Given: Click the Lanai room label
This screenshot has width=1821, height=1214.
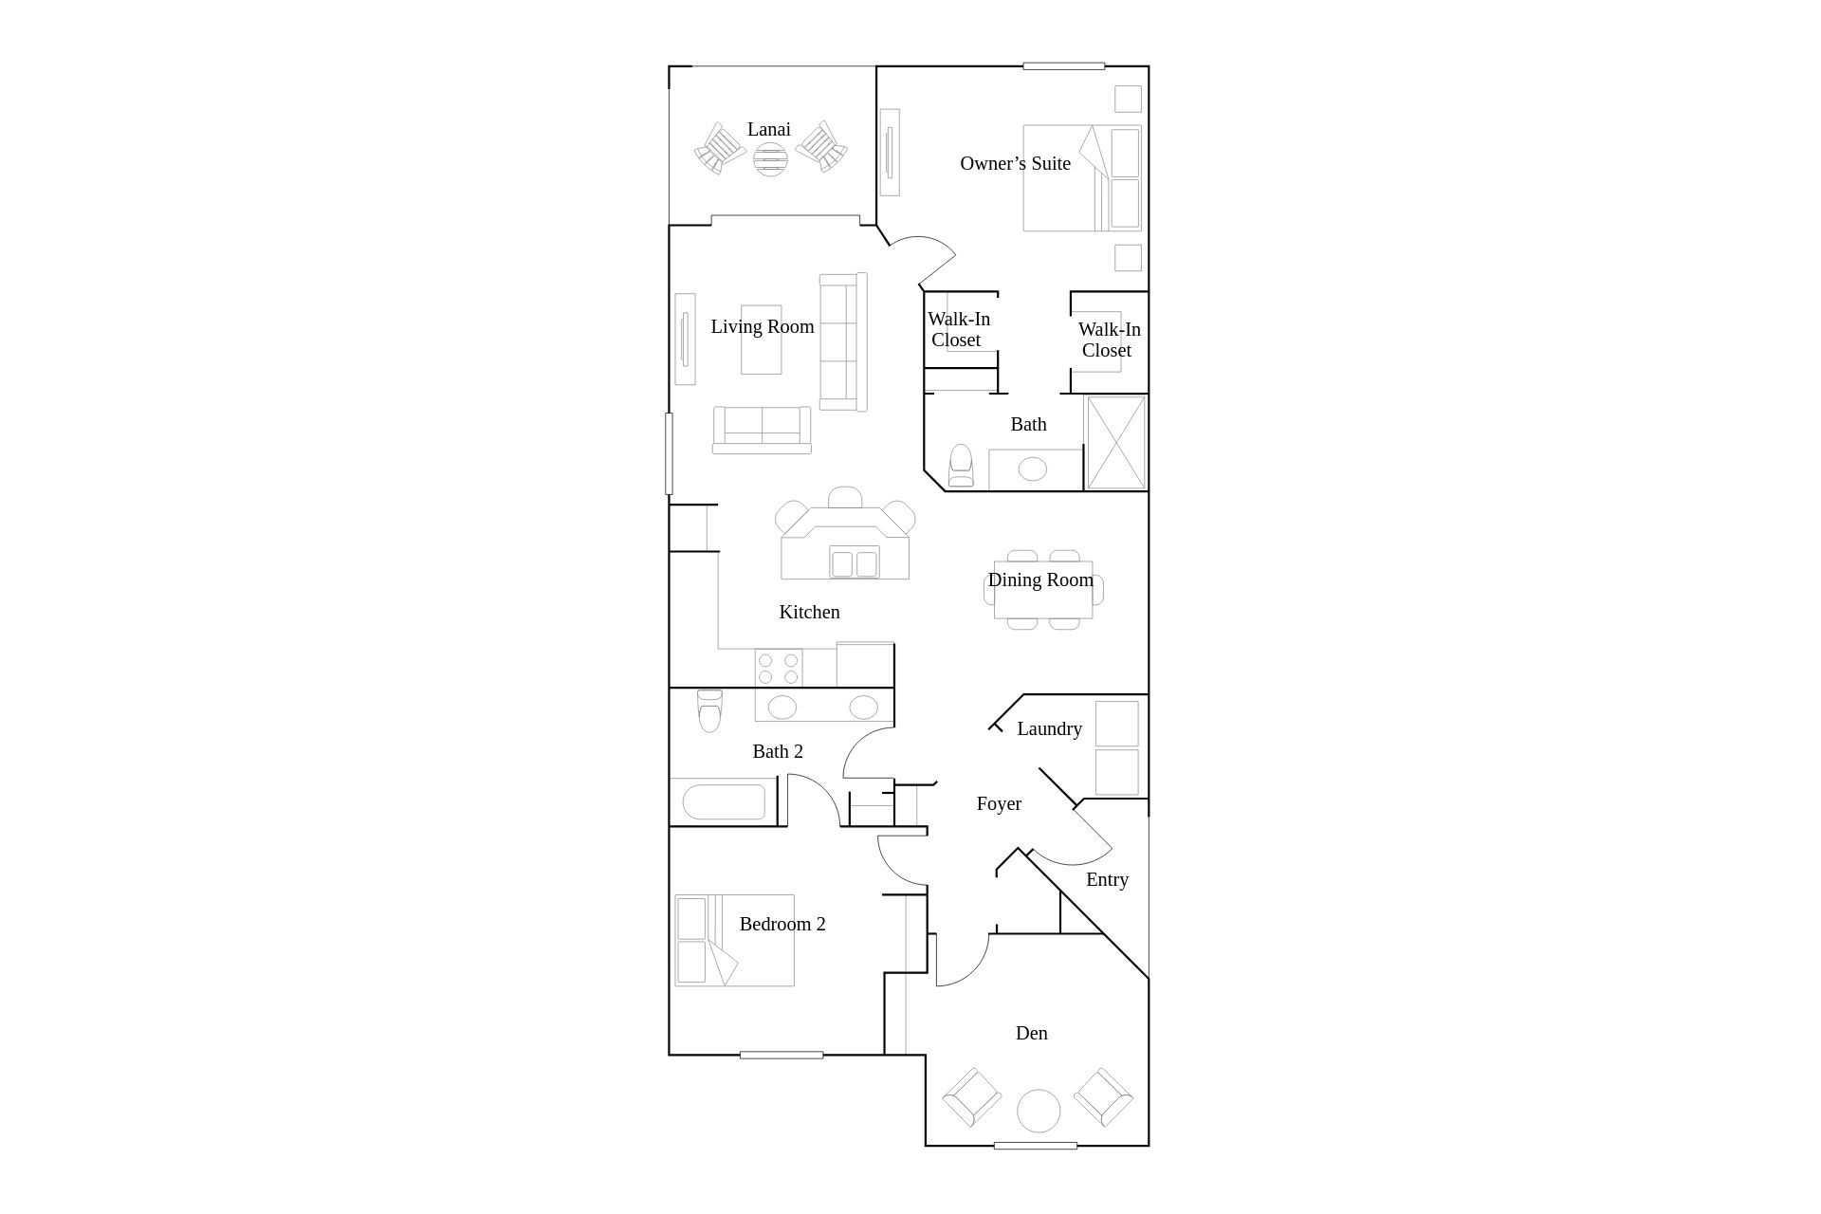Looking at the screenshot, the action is click(x=768, y=129).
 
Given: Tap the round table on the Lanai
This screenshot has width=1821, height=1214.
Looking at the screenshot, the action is click(x=770, y=158).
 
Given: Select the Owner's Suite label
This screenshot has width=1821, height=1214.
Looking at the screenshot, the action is click(x=1015, y=163).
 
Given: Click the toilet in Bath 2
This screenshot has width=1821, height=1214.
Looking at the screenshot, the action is click(x=709, y=710).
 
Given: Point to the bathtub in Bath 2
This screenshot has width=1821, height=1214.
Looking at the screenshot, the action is click(x=724, y=802).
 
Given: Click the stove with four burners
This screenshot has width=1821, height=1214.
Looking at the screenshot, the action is click(x=779, y=668).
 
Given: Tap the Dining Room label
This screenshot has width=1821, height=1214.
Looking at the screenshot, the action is click(x=1040, y=579).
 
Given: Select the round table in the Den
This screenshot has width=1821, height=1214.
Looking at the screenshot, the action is click(x=1039, y=1111).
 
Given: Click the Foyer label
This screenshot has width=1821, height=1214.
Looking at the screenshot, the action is click(x=999, y=803).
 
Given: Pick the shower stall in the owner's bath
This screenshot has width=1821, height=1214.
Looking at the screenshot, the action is click(x=1116, y=443).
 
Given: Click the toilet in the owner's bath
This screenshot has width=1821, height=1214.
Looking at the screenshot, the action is click(x=961, y=466).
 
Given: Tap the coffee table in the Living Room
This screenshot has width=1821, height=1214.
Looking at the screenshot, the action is click(x=762, y=340).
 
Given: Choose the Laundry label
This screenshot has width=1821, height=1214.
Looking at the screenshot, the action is click(x=1049, y=728).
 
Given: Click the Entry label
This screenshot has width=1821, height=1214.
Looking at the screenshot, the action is click(x=1107, y=879).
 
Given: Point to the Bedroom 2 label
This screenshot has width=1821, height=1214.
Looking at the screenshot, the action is click(x=782, y=924).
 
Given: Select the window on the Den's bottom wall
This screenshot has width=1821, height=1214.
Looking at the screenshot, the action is click(x=1036, y=1146).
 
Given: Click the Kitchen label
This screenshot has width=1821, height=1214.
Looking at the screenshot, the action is click(x=809, y=612).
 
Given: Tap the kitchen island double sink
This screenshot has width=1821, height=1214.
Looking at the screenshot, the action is click(x=855, y=562).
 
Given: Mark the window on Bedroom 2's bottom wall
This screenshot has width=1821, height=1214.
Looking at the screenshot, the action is click(x=782, y=1055).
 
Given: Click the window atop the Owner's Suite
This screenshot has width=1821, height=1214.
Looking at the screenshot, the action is click(x=1064, y=66).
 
